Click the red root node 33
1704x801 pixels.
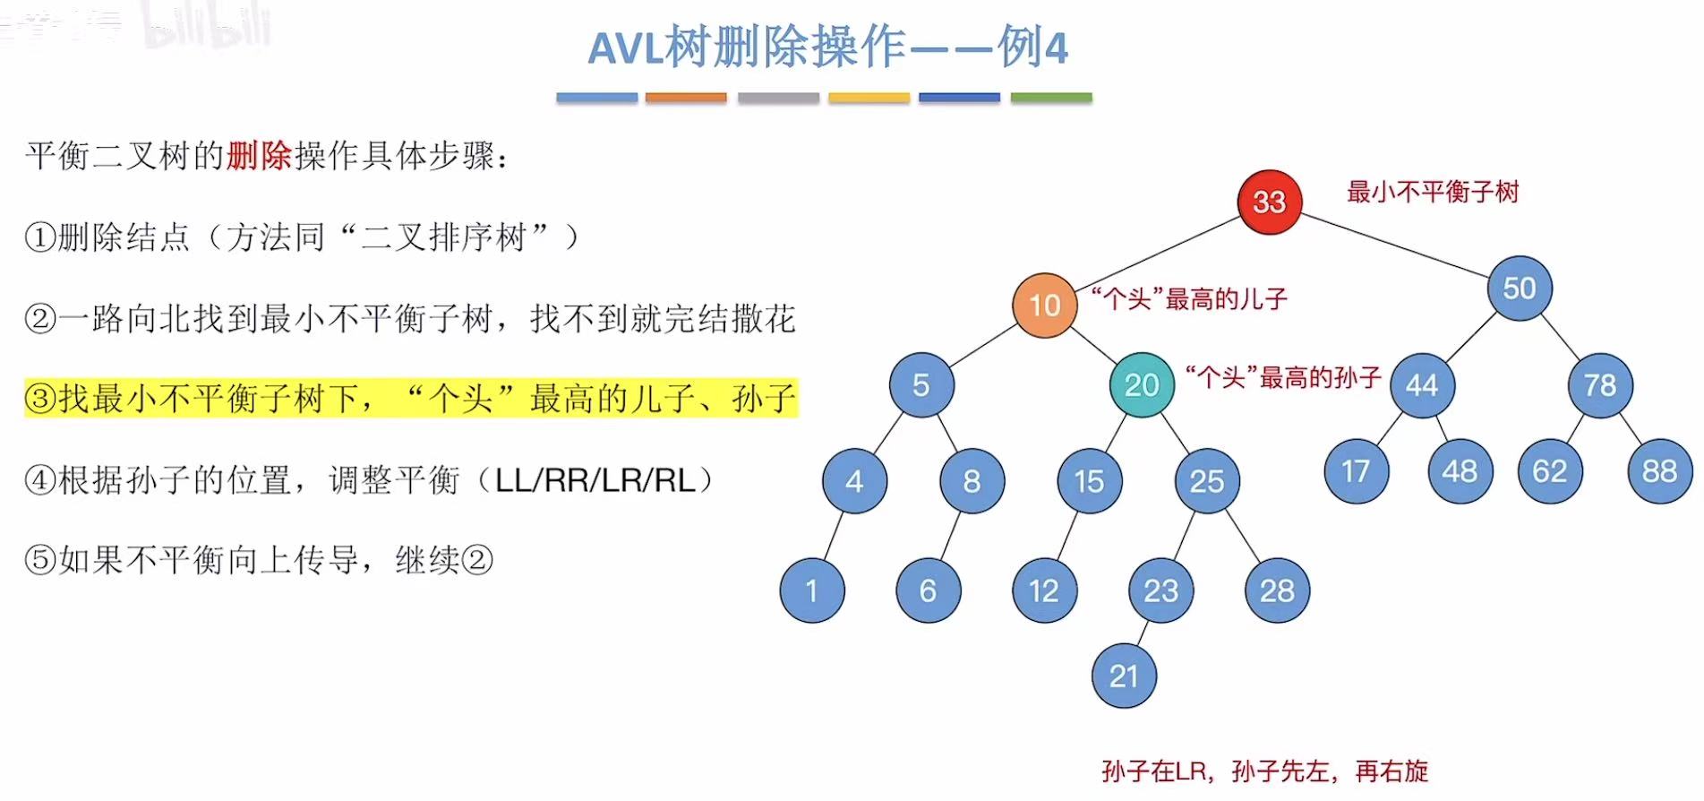coord(1269,202)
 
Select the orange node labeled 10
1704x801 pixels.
coord(1044,306)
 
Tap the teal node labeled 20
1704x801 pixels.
coord(1142,385)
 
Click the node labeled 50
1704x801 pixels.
coord(1520,289)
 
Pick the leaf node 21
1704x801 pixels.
coord(1124,676)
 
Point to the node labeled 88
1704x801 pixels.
coord(1659,471)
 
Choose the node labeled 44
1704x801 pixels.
coord(1422,385)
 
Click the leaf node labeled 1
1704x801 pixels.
coord(811,590)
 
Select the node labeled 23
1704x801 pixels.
coord(1161,590)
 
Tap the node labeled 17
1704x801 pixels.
coord(1356,471)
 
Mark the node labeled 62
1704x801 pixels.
coord(1550,471)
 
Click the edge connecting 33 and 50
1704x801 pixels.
coord(1395,245)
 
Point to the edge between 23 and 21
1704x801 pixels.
coord(1142,633)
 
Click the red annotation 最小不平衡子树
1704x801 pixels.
coord(1433,192)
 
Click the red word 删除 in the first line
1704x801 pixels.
coord(259,156)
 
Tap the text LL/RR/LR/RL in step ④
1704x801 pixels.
coord(595,480)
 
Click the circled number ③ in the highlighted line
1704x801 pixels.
coord(40,399)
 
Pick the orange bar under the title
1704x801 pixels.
coord(686,98)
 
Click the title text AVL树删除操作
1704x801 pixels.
coord(747,47)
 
